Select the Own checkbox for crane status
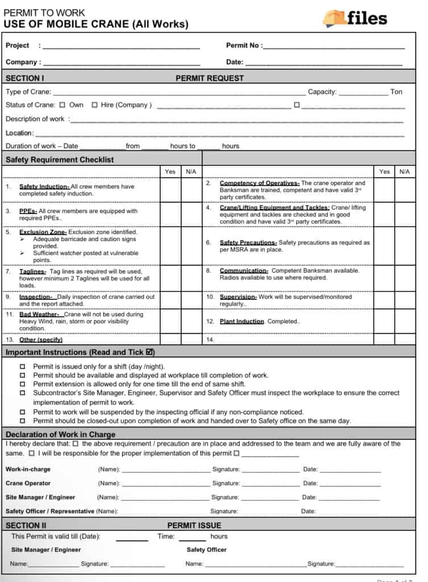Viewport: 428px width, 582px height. point(63,105)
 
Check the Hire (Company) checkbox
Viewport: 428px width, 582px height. point(94,105)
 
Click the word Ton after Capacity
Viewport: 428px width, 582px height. point(396,92)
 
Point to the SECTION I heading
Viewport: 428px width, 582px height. point(25,78)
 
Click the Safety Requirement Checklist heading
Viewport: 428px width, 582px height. point(60,160)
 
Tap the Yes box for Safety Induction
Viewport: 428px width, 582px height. point(170,190)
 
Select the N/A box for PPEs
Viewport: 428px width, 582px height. point(191,214)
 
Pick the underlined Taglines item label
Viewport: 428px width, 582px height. point(32,272)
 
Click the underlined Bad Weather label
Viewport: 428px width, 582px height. point(39,314)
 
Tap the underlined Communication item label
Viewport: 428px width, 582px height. point(244,271)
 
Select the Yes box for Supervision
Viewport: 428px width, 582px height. point(385,300)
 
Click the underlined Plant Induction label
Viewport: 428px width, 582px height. point(242,321)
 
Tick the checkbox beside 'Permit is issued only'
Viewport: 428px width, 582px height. point(23,367)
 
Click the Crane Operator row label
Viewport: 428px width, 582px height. point(28,483)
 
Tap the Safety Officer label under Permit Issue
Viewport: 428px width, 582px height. point(206,550)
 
